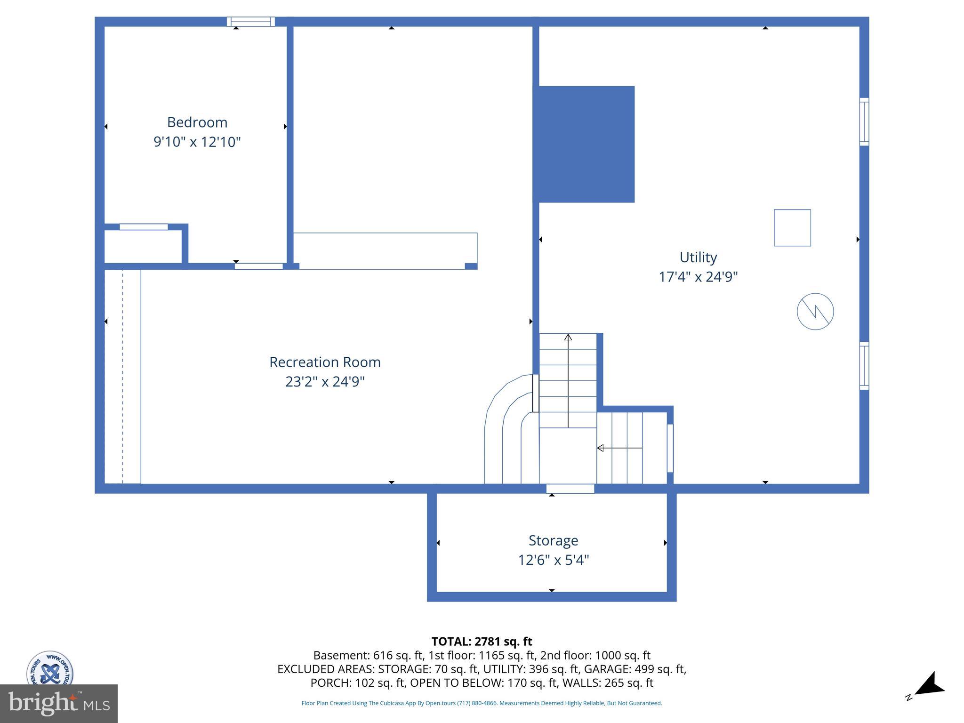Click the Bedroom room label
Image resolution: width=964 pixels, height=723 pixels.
click(197, 122)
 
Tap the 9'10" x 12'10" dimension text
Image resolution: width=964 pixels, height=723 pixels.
click(197, 142)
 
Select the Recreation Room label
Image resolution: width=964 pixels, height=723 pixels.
click(325, 362)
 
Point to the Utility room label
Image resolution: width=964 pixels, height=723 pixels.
click(698, 257)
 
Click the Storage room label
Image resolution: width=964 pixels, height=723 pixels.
click(553, 540)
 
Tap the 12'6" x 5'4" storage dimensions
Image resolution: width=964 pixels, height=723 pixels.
click(554, 560)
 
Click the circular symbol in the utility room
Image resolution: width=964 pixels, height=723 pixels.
click(815, 311)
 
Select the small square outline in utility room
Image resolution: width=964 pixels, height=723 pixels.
click(792, 228)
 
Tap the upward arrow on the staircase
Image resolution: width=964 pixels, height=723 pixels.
click(568, 337)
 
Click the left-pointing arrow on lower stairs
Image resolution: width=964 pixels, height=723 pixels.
click(601, 448)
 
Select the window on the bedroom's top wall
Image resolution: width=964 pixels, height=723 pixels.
click(250, 22)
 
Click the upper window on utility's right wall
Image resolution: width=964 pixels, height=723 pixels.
click(864, 121)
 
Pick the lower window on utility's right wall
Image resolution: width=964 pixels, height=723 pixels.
click(864, 366)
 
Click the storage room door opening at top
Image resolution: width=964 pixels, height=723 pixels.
click(570, 489)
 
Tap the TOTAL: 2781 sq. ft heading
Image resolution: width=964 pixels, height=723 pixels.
click(482, 642)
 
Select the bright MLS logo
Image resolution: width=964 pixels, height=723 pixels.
click(58, 703)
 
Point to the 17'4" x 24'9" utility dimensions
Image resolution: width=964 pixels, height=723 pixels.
click(698, 277)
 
